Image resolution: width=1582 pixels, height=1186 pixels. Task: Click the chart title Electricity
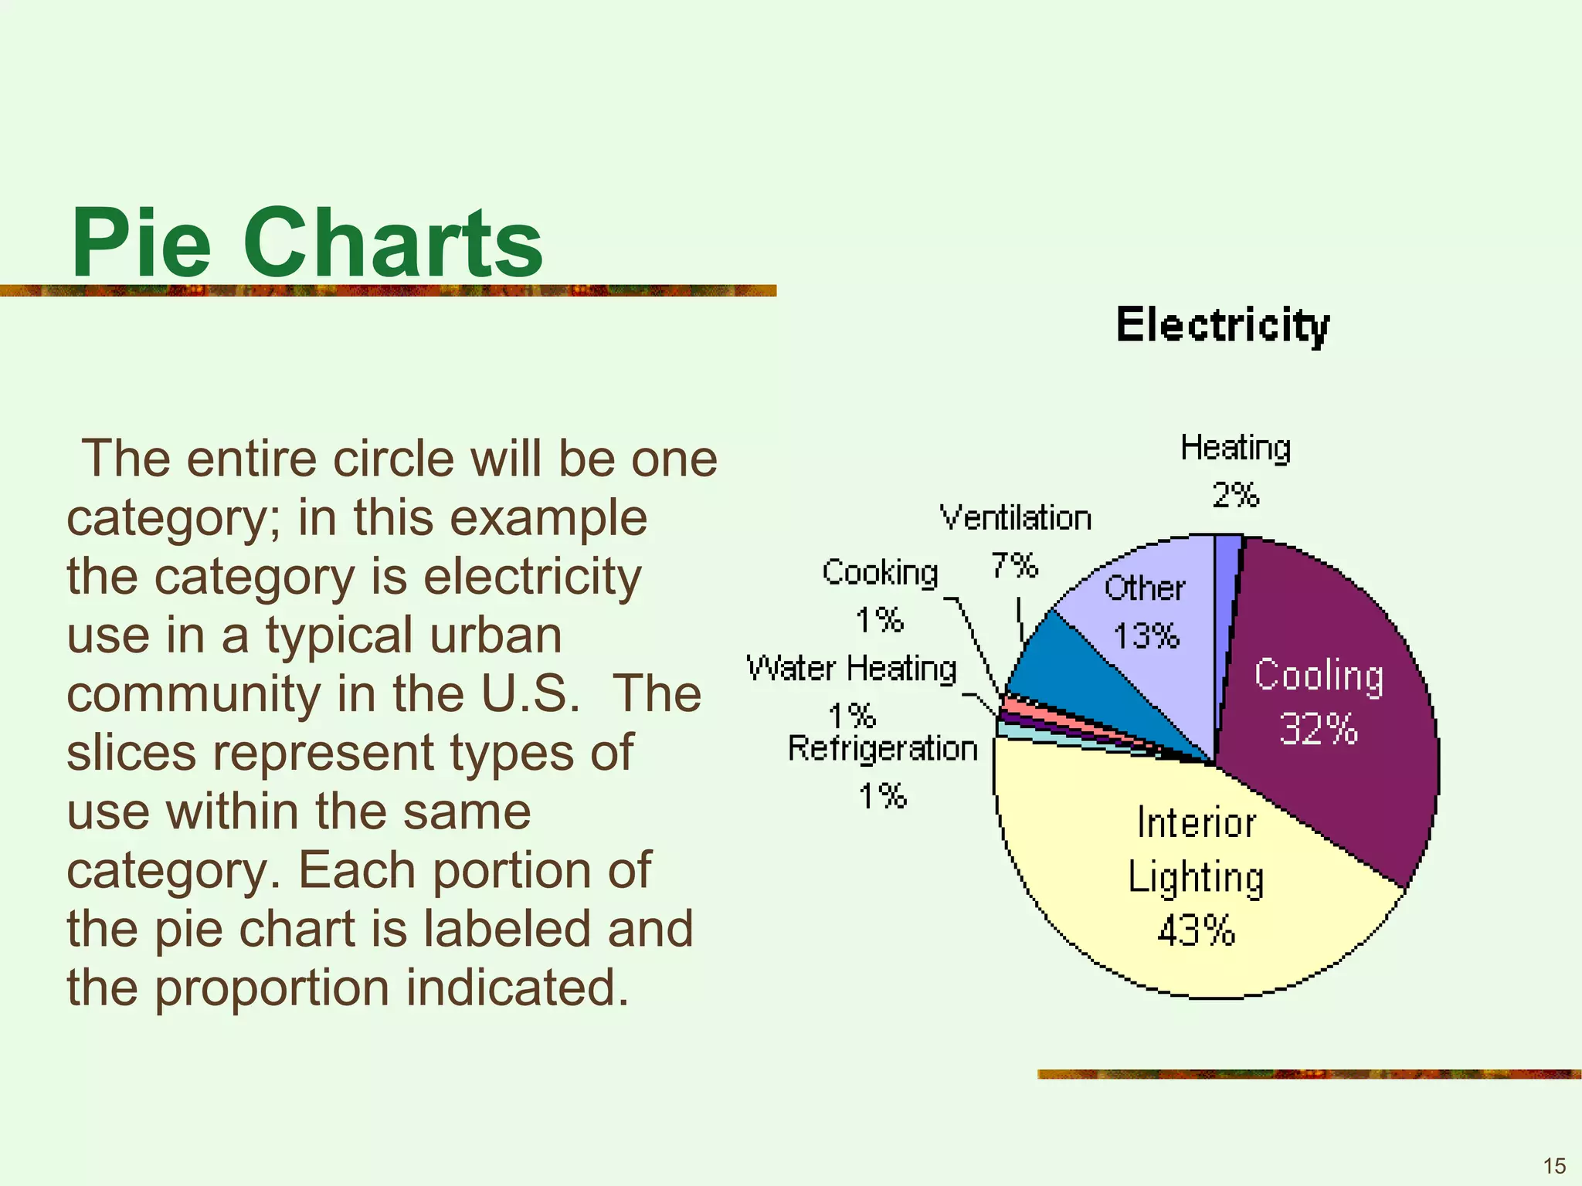pos(1223,325)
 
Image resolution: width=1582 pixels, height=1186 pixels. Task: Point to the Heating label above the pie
pos(1235,448)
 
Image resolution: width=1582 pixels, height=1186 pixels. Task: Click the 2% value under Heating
pos(1235,495)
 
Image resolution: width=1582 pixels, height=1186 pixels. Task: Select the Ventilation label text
pos(1015,518)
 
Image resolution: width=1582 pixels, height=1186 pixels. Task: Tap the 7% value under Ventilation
pos(1014,566)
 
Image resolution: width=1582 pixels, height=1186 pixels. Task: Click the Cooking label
pos(880,573)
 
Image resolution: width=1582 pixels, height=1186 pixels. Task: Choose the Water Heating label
pos(851,669)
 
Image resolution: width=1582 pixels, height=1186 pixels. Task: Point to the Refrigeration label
pos(882,749)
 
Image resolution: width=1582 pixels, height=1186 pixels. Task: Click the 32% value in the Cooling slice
pos(1318,729)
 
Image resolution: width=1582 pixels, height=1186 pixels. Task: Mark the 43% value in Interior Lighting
pos(1196,930)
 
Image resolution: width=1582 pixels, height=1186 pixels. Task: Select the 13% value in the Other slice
pos(1146,636)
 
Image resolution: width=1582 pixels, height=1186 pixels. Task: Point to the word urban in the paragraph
pos(495,635)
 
